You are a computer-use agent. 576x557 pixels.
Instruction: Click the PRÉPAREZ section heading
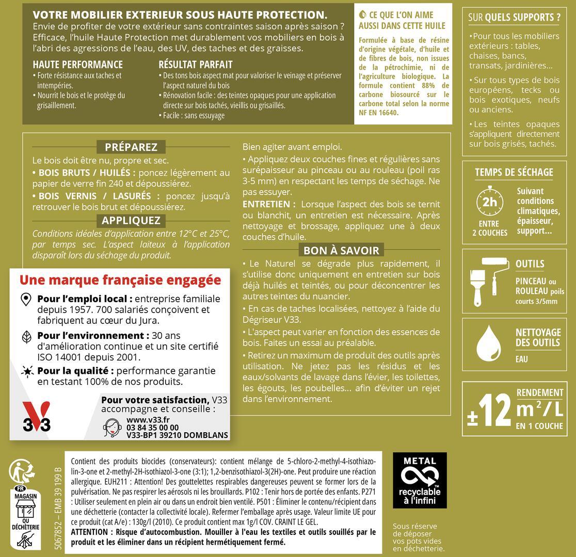tap(131, 147)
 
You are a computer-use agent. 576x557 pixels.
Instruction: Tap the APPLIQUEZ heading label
tap(131, 221)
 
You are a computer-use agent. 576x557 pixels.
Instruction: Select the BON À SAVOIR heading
tap(341, 251)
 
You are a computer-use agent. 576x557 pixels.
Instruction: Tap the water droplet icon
tap(488, 343)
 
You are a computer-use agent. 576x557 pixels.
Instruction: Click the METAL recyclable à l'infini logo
tap(420, 480)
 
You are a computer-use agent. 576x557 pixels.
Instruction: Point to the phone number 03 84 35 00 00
tap(152, 428)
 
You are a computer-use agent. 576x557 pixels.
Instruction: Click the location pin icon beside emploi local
tap(25, 300)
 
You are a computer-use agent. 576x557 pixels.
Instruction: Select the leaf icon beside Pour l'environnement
tap(25, 337)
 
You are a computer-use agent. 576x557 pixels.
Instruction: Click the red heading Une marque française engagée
tap(120, 280)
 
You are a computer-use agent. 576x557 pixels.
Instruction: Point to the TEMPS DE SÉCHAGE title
tap(514, 172)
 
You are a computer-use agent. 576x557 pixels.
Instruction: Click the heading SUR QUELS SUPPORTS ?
tap(514, 17)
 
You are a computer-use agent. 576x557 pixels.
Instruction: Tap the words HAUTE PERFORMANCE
tap(77, 64)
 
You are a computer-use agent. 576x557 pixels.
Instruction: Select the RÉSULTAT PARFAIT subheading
tap(196, 64)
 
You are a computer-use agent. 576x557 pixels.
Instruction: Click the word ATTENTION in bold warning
tap(89, 532)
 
